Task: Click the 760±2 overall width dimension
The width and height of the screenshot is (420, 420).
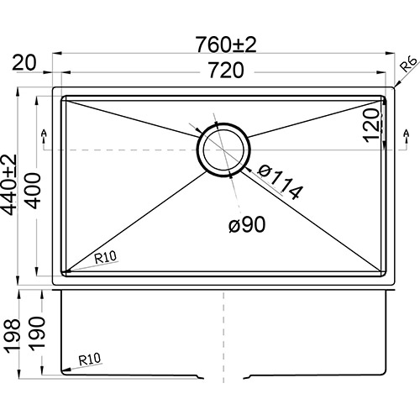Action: click(226, 45)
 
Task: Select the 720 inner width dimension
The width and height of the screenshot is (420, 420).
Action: click(226, 71)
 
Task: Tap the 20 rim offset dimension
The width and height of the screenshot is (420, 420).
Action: click(24, 63)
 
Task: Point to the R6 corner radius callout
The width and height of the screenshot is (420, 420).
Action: click(408, 64)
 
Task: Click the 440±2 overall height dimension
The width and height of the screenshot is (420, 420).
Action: click(8, 185)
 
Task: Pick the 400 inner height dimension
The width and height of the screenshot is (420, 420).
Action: click(34, 191)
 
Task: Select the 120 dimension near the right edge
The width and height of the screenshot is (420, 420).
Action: click(371, 125)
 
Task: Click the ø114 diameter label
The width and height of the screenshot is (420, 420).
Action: click(280, 182)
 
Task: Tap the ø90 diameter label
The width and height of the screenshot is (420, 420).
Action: click(247, 224)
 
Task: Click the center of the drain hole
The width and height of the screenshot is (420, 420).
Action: click(223, 150)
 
